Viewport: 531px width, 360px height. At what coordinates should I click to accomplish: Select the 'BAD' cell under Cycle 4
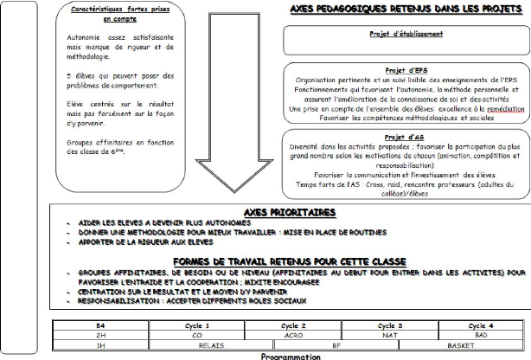483,334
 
